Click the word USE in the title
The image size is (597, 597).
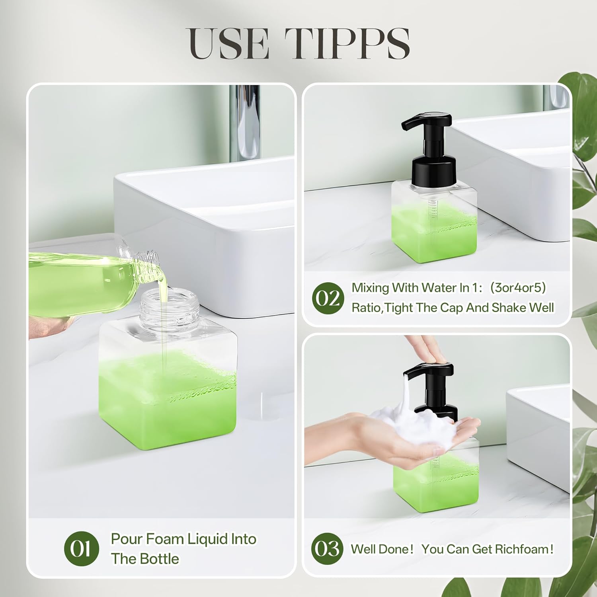pyautogui.click(x=229, y=44)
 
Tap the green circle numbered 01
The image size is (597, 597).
pyautogui.click(x=81, y=549)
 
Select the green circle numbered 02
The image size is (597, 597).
pyautogui.click(x=328, y=298)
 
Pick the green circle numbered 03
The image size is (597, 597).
pyautogui.click(x=327, y=549)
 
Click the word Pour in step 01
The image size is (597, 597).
pyautogui.click(x=127, y=539)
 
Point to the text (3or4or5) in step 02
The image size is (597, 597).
pyautogui.click(x=518, y=287)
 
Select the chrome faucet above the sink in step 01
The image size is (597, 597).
pyautogui.click(x=244, y=123)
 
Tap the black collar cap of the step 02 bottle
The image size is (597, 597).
pyautogui.click(x=434, y=171)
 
